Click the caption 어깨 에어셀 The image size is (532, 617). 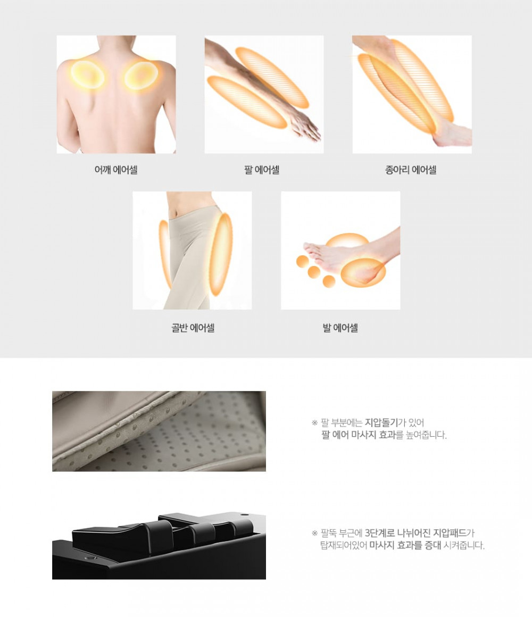tap(115, 170)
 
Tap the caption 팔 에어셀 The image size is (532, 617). tap(262, 170)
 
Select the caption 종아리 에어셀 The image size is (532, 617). tap(410, 170)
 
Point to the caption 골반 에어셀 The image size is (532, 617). tap(193, 328)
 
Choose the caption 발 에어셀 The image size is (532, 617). tap(340, 328)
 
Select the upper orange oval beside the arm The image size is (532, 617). tap(272, 77)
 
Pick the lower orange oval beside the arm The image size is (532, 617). tap(247, 102)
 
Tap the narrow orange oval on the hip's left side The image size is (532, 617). tap(165, 254)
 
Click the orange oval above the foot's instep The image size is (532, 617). tap(347, 241)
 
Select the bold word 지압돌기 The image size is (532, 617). tap(381, 423)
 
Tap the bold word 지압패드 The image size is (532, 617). tap(450, 533)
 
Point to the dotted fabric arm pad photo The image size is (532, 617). tap(159, 431)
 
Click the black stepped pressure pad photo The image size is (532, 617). tap(159, 545)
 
